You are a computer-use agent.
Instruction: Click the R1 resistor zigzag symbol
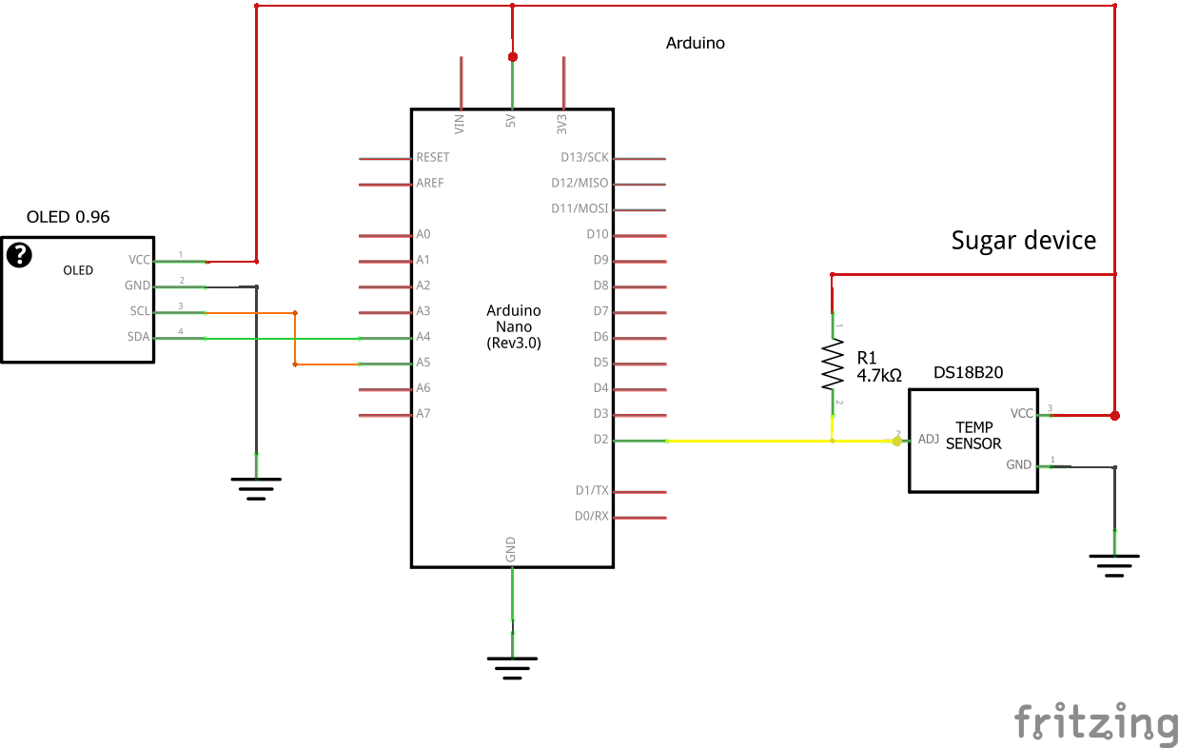833,366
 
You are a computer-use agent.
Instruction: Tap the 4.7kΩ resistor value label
878,376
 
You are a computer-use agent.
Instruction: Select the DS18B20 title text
968,373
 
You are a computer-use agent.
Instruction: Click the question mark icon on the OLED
19,255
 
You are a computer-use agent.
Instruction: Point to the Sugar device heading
1023,241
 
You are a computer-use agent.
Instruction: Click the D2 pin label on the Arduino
599,440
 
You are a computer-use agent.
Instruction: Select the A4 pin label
423,337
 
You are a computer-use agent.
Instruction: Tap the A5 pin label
423,363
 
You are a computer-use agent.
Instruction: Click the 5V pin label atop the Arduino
511,123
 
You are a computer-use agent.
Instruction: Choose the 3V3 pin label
562,124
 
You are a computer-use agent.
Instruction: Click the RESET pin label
433,157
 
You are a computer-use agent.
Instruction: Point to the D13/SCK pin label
584,157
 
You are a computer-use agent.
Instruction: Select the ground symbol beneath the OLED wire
256,488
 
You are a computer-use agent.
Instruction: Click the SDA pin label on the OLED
139,337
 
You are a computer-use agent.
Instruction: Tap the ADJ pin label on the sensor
929,440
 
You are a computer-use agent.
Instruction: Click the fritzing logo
1095,721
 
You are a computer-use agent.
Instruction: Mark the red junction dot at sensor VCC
1115,415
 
